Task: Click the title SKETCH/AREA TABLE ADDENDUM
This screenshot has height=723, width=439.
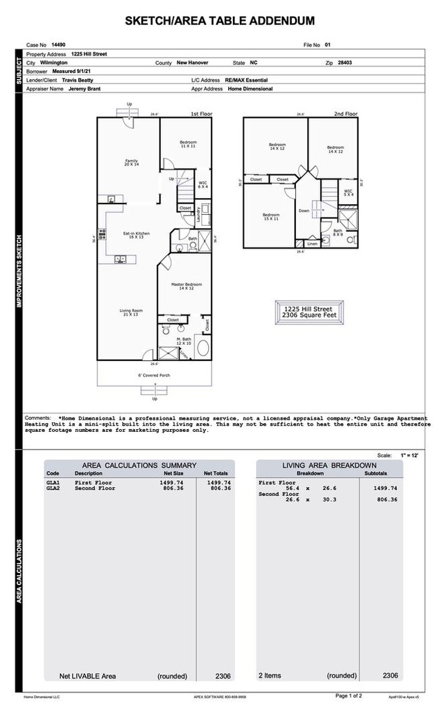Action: click(x=219, y=22)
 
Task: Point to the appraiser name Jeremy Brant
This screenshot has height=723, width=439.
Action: click(x=86, y=89)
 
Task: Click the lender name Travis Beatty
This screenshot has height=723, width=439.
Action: click(x=78, y=80)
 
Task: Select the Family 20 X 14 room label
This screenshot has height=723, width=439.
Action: click(x=131, y=163)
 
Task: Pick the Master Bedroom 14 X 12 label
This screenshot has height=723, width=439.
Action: click(x=186, y=286)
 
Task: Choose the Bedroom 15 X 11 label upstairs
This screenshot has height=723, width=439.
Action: click(x=271, y=217)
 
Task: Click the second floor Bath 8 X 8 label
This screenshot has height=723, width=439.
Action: click(x=337, y=232)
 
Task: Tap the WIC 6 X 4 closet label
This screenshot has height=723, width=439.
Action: click(x=203, y=184)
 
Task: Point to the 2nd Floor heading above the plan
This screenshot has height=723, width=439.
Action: click(x=346, y=114)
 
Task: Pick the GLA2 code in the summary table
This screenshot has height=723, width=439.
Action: click(x=53, y=489)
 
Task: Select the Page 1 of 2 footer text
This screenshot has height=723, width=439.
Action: click(x=349, y=695)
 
